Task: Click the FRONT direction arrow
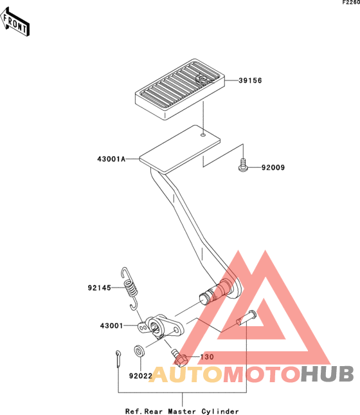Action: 15,22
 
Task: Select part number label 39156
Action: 250,80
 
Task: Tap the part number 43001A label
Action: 111,159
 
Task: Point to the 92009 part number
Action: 273,167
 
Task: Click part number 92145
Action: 99,288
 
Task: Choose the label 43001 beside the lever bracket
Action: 111,326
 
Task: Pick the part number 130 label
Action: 207,357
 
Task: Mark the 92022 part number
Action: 140,376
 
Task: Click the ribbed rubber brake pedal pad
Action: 180,89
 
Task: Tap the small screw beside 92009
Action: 243,165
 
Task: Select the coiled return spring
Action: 130,288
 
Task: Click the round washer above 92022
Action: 139,351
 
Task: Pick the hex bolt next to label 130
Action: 179,358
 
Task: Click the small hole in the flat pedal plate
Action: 203,135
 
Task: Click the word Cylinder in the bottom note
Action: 220,411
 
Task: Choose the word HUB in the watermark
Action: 327,374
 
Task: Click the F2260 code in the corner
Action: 351,3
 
